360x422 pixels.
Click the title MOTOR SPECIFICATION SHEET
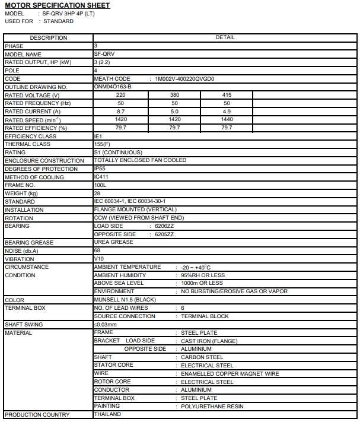click(x=57, y=5)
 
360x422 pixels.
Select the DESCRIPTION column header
click(x=48, y=37)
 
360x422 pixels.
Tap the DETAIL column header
click(x=225, y=37)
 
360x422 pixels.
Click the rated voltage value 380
click(x=174, y=95)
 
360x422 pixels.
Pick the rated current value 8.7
click(x=120, y=112)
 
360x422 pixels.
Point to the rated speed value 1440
click(x=227, y=119)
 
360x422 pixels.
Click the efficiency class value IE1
click(x=99, y=136)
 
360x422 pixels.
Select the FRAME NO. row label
click(x=21, y=185)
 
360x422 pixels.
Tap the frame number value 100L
click(x=100, y=185)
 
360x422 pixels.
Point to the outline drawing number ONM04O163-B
click(x=113, y=87)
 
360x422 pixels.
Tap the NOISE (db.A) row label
click(x=21, y=251)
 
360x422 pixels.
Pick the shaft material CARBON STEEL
click(x=202, y=357)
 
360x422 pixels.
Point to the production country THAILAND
click(x=107, y=414)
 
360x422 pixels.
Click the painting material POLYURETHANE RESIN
click(x=212, y=407)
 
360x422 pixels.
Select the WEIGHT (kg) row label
click(x=21, y=193)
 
